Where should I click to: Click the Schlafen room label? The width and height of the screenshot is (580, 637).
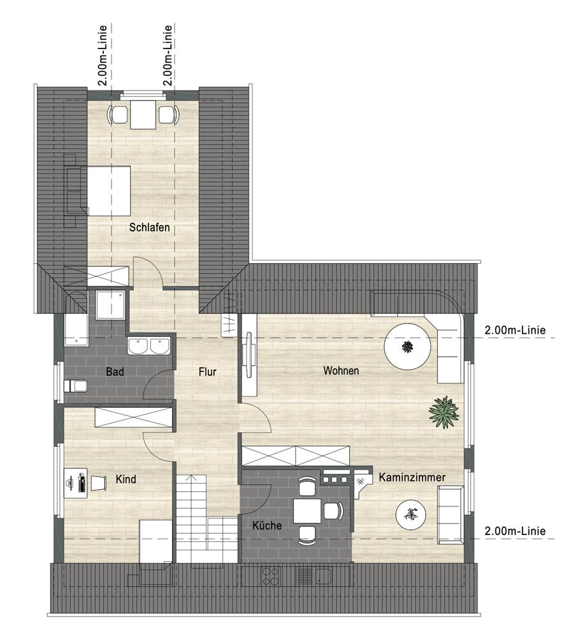(x=149, y=227)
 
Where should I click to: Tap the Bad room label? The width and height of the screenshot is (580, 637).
(x=115, y=371)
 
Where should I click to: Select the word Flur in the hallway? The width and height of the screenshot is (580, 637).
(x=207, y=371)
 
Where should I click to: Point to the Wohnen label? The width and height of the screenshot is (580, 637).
(x=341, y=371)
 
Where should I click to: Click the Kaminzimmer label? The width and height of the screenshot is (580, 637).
(x=412, y=477)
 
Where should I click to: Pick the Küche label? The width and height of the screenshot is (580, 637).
(x=266, y=526)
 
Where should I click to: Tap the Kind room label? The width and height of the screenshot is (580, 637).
(x=126, y=479)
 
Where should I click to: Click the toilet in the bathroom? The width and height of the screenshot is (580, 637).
(x=76, y=386)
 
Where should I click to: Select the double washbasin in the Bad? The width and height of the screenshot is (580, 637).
(x=149, y=347)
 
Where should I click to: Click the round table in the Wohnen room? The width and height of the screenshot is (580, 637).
(x=408, y=347)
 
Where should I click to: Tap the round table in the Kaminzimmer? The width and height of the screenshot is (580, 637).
(x=411, y=515)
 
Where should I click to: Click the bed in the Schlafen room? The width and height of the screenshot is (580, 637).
(x=99, y=190)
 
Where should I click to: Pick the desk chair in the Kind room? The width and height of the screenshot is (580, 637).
(x=98, y=483)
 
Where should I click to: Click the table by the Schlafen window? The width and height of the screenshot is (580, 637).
(x=143, y=114)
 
